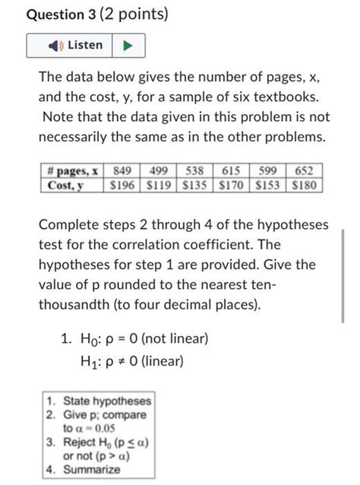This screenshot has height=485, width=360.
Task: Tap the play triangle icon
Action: [128, 46]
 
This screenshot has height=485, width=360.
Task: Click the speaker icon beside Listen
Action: [55, 46]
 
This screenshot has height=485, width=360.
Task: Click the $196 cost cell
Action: [122, 184]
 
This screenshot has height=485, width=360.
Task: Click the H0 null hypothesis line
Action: [144, 338]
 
